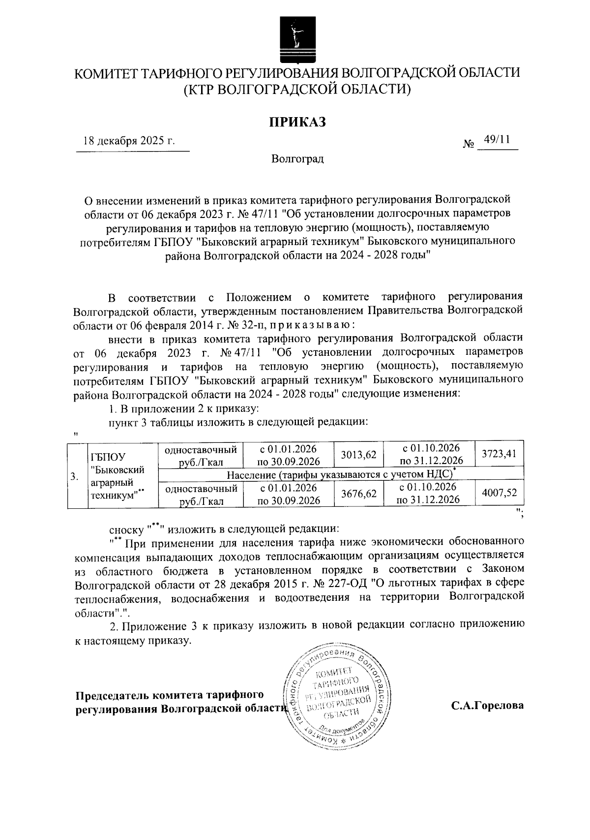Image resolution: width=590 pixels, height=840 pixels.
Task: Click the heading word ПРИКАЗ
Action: (x=296, y=122)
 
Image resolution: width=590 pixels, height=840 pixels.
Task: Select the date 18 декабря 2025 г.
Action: (x=129, y=141)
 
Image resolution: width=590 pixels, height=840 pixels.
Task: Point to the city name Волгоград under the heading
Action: (x=297, y=159)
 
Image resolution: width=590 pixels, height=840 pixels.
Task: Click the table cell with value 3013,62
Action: (x=358, y=455)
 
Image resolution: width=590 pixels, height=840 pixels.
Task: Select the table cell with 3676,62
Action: (x=358, y=494)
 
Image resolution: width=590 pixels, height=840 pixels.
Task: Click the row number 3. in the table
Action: (x=74, y=476)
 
